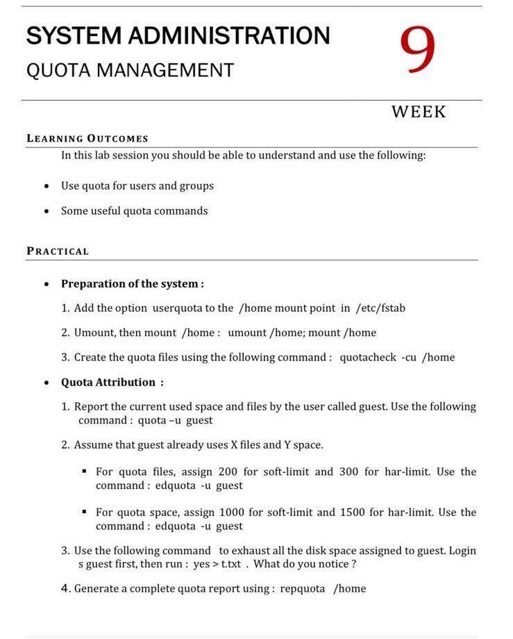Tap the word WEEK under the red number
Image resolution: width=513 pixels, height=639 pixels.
click(x=419, y=112)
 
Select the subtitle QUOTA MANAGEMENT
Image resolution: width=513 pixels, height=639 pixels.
click(x=130, y=70)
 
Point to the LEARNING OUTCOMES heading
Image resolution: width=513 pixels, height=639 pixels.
click(x=87, y=138)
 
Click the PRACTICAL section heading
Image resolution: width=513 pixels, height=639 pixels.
click(x=58, y=251)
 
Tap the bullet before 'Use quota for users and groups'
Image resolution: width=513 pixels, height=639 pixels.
click(x=46, y=186)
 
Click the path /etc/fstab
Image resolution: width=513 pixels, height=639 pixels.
click(x=380, y=308)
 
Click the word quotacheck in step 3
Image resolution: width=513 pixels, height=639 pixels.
click(x=367, y=358)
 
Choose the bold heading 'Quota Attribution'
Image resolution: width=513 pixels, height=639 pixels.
click(x=108, y=382)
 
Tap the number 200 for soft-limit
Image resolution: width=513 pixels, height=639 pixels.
click(x=227, y=472)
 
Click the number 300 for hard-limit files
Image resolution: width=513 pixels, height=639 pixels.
click(x=349, y=472)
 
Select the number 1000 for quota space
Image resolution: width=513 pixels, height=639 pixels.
click(x=231, y=513)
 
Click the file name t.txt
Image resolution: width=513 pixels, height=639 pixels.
click(x=230, y=564)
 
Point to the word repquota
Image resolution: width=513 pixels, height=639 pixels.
click(x=302, y=589)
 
